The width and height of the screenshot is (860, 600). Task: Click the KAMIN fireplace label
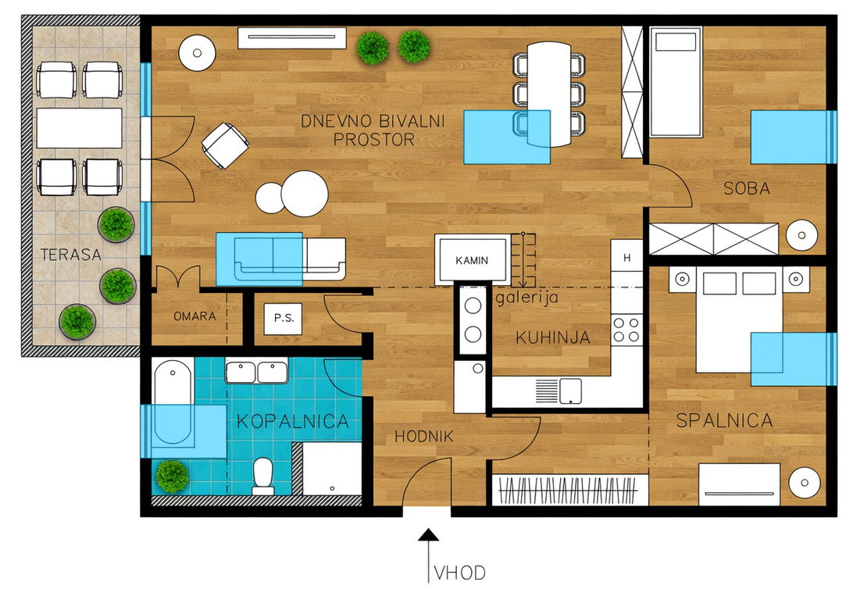coord(472,260)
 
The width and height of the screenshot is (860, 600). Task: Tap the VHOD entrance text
coord(459,573)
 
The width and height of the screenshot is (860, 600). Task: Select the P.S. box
coord(283,318)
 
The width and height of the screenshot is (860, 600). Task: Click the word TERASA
coord(71,255)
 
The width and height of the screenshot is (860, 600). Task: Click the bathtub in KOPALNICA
coord(173,402)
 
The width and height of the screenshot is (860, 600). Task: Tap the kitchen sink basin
coord(570,391)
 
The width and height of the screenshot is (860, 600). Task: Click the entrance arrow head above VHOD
coord(428,534)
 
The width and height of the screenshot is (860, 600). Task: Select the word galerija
coord(527,297)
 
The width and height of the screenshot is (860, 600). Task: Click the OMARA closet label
coord(194,316)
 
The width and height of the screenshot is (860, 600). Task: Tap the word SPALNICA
coord(725,420)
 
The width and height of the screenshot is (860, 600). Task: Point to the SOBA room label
coord(747,188)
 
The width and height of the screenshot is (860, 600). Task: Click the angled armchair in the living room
coord(225,146)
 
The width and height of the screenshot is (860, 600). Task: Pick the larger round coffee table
coord(305,194)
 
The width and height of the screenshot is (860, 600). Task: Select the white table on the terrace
coord(80,128)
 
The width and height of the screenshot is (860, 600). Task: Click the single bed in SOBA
coord(676,82)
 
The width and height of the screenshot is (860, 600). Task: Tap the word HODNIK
coord(424,437)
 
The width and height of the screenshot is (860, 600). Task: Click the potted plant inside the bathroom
coord(172,476)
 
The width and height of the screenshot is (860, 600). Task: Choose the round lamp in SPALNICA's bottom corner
coord(805,483)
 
